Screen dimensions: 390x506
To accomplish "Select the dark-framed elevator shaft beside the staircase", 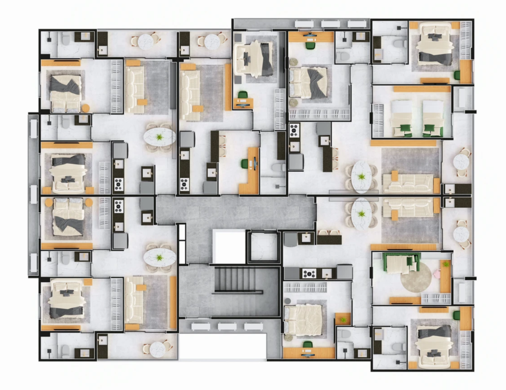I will point(263,246).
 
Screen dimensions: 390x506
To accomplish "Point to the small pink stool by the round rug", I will point(436,273).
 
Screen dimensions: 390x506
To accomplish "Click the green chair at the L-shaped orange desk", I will point(244,163).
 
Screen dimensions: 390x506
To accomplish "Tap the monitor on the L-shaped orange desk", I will point(255,164).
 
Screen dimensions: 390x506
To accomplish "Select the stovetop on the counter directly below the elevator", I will point(309,273).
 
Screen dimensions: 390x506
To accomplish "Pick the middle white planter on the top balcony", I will point(330,23).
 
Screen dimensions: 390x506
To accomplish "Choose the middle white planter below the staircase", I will point(227,327).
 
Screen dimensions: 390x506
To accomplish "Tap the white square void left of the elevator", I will point(229,246).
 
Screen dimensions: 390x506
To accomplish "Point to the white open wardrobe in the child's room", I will point(436,298).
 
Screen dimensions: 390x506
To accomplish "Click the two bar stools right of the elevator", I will point(328,232).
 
